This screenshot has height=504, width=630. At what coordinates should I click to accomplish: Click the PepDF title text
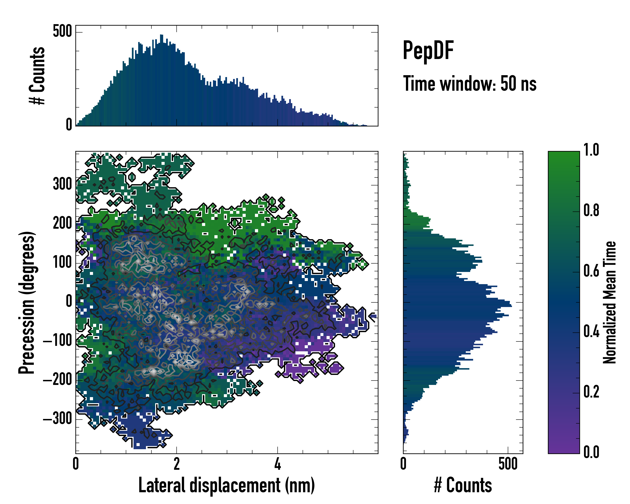pos(428,51)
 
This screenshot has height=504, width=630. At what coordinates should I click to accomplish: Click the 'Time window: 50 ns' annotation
pos(470,84)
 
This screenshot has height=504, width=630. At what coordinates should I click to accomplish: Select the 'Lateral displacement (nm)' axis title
pos(226,485)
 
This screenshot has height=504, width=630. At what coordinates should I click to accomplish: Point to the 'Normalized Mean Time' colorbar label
pos(610,302)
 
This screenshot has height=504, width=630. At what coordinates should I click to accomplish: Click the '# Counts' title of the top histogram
pos(37,75)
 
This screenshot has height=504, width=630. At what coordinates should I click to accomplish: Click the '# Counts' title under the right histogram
pos(463,485)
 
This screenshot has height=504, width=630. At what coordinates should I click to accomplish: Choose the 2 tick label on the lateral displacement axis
pos(176,464)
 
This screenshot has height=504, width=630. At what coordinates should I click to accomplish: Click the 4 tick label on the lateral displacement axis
pos(277,464)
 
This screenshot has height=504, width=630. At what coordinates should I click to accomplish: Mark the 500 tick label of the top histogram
pos(62,31)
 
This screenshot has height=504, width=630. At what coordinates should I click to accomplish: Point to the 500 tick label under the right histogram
pos(508,464)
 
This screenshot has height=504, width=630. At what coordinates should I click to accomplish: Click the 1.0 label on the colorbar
pos(591,150)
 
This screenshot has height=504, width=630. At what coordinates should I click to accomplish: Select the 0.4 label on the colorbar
pos(591,332)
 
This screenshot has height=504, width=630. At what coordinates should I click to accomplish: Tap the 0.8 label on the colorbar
pos(591,210)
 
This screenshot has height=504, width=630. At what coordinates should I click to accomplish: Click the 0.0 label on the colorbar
pos(591,452)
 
